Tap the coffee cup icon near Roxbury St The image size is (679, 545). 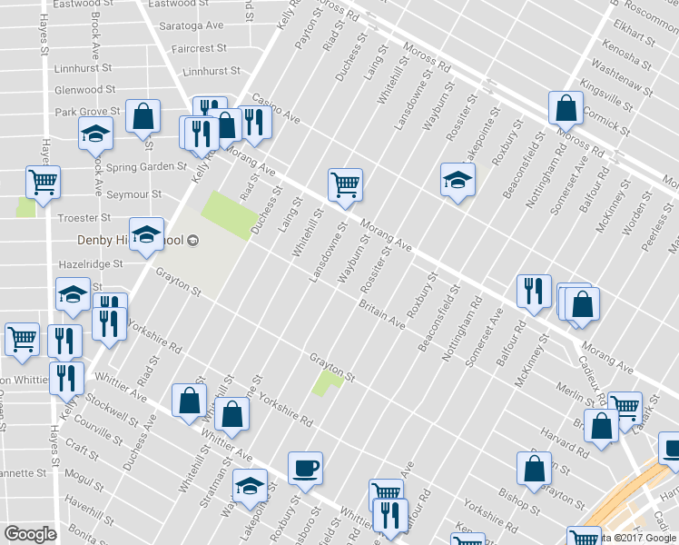[305, 469]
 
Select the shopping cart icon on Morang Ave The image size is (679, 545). [345, 184]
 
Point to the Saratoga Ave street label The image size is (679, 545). [192, 25]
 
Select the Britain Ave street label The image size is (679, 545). [383, 314]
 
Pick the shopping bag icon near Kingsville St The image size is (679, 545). [566, 108]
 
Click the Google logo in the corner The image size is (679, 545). [30, 534]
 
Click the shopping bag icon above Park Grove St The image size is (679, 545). [143, 116]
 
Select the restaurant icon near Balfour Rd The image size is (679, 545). [533, 290]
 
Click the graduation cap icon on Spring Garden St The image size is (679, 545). [95, 135]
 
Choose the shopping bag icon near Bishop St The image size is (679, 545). [534, 469]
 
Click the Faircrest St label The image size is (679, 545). [197, 48]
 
